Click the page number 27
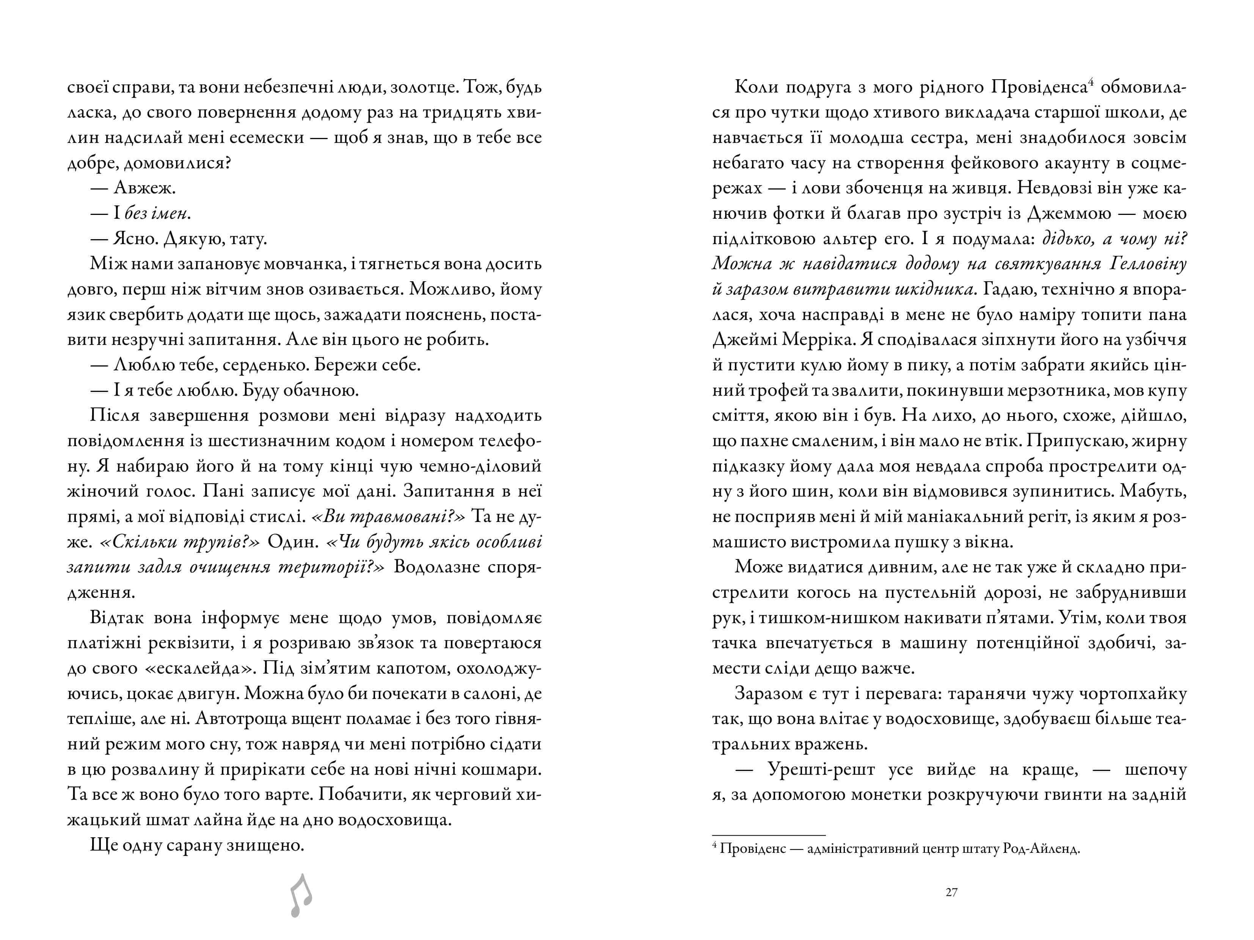[951, 892]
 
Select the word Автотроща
[244, 719]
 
